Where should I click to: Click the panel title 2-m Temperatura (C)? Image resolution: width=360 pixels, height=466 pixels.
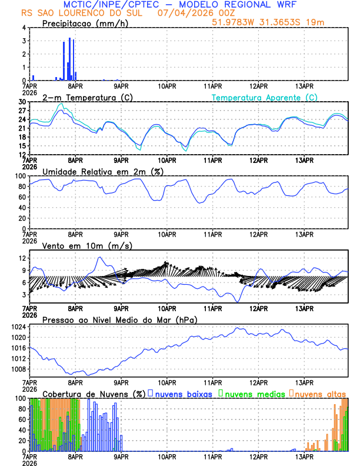[82, 97]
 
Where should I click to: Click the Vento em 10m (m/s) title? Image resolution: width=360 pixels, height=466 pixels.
[87, 245]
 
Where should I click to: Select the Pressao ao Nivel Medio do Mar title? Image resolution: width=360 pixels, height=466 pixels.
[119, 319]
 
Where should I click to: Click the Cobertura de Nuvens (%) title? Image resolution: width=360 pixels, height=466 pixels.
[94, 394]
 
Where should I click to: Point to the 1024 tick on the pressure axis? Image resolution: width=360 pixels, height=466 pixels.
[18, 327]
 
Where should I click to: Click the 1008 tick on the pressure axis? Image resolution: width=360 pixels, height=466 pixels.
[18, 369]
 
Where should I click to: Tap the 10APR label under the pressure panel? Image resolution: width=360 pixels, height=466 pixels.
[167, 381]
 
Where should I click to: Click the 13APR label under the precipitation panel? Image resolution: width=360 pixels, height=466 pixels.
[305, 85]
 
